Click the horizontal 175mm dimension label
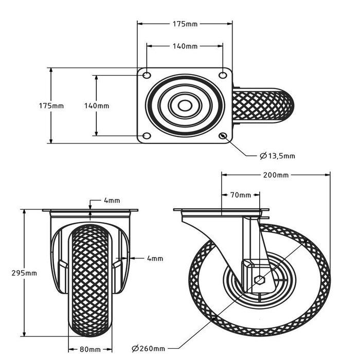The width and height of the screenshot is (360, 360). (x=185, y=24)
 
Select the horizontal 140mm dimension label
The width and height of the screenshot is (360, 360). (x=185, y=46)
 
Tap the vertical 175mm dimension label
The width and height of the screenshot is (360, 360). (x=51, y=106)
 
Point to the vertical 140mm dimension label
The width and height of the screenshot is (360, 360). (x=96, y=106)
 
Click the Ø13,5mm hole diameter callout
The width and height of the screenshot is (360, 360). (x=277, y=155)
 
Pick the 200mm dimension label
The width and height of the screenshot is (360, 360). (x=276, y=175)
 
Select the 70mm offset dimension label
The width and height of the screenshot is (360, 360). (x=240, y=195)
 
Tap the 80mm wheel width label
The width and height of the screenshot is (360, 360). (x=91, y=350)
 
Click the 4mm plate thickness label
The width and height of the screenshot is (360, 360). (x=112, y=200)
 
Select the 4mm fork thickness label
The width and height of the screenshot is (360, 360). (x=154, y=258)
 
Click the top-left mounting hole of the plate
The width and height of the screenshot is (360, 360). (x=147, y=76)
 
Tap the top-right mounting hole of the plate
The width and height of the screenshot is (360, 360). (x=223, y=76)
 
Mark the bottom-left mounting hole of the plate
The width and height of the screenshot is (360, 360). (x=147, y=136)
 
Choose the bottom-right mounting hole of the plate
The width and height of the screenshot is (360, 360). (x=223, y=136)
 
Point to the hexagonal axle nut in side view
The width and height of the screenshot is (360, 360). (x=260, y=281)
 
